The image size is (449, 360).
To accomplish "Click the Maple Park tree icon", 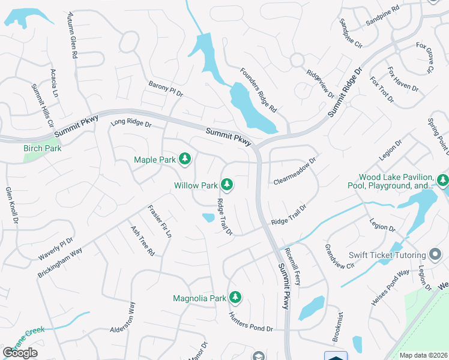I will pyautogui.click(x=185, y=159).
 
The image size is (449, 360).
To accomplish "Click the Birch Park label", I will pyautogui.click(x=43, y=148).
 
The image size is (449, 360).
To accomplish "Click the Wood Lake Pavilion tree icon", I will pyautogui.click(x=443, y=180).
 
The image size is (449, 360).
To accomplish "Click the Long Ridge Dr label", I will pyautogui.click(x=131, y=124).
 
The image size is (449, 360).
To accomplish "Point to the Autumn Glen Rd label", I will pyautogui.click(x=73, y=35).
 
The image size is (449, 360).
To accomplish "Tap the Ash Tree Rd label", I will pyautogui.click(x=142, y=241).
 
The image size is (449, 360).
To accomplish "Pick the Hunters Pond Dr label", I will pyautogui.click(x=250, y=322).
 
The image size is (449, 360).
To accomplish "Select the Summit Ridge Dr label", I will pyautogui.click(x=346, y=92).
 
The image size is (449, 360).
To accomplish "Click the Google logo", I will pyautogui.click(x=20, y=353).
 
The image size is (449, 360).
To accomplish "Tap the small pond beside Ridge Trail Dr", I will pyautogui.click(x=208, y=218).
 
